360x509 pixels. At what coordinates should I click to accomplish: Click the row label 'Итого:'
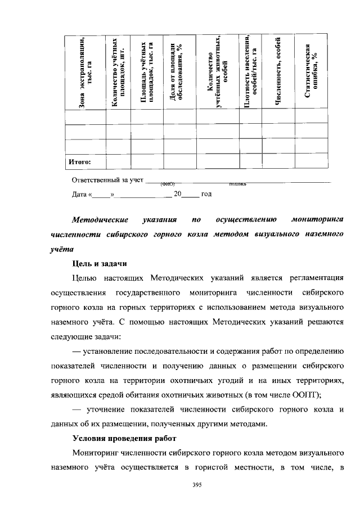coord(79,162)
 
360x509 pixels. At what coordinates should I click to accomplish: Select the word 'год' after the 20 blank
coord(206,194)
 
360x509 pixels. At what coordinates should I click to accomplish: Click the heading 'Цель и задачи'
coord(100,263)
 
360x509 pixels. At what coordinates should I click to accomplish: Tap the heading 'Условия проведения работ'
coord(124,436)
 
